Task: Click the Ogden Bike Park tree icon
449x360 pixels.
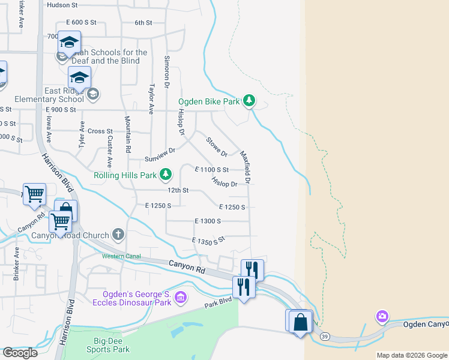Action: coord(249,101)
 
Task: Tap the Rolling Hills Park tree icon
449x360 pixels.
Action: coord(166,175)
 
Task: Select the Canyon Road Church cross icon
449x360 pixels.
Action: coord(118,235)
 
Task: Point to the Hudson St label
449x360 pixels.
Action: coord(62,5)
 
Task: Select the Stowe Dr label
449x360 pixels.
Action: coord(216,146)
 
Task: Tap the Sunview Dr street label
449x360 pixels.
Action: coord(160,155)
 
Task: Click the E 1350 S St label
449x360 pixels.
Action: coord(208,241)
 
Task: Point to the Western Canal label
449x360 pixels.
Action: coord(121,256)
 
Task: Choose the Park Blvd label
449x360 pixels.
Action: coord(217,302)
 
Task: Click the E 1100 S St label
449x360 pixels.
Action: coord(212,170)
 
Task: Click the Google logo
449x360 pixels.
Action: coord(20,353)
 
